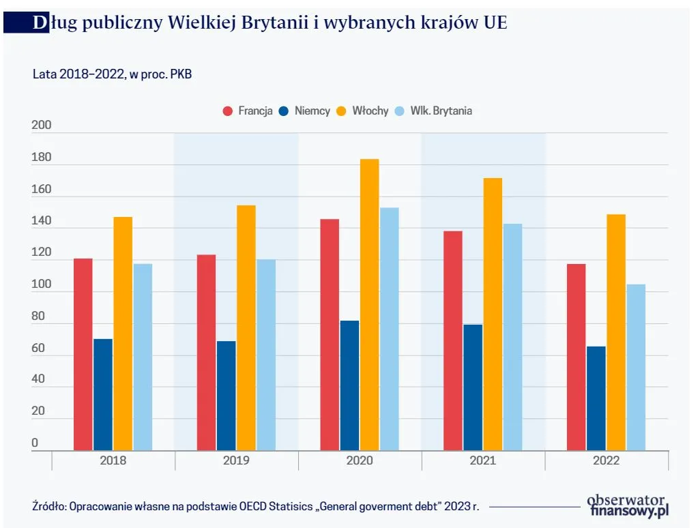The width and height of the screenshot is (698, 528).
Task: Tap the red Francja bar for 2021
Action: pyautogui.click(x=452, y=340)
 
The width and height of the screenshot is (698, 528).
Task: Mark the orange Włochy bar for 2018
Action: pyautogui.click(x=123, y=334)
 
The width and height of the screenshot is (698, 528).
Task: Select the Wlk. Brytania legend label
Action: pyautogui.click(x=441, y=111)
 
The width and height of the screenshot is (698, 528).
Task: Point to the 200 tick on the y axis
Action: pyautogui.click(x=42, y=126)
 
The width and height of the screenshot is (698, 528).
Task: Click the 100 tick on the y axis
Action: pyautogui.click(x=42, y=285)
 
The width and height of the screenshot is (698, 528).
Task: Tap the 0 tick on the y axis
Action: pyautogui.click(x=35, y=443)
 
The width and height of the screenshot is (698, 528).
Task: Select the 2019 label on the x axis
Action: pyautogui.click(x=236, y=460)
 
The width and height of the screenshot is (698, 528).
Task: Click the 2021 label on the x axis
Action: pyautogui.click(x=483, y=460)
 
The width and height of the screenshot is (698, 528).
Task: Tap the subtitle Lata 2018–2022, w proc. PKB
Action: pyautogui.click(x=113, y=74)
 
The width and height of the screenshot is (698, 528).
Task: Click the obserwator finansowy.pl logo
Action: pyautogui.click(x=627, y=505)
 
